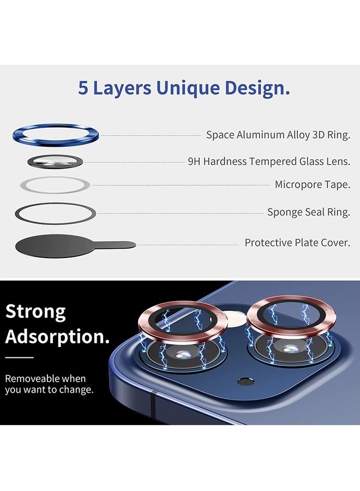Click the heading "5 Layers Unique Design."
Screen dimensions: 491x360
[184, 88]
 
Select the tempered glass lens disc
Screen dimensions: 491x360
[55, 161]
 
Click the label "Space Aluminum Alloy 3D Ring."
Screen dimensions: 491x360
[278, 135]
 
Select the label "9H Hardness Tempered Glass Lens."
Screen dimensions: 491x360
[268, 161]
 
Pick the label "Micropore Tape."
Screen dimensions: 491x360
[312, 184]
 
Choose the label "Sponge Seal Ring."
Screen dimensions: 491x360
[308, 212]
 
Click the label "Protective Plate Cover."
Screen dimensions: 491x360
[297, 242]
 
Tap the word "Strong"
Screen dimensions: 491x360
[35, 312]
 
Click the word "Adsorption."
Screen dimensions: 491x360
[57, 336]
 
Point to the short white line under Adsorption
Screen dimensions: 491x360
[20, 358]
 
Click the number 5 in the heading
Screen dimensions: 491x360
[83, 88]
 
